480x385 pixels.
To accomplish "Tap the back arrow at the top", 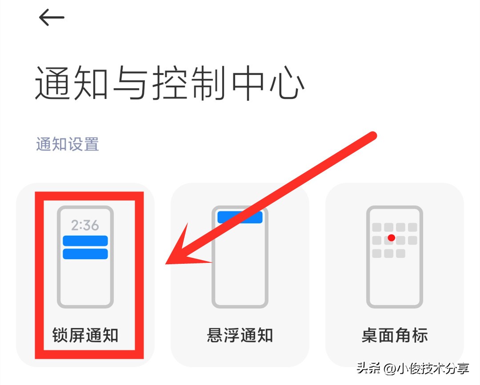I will [52, 17].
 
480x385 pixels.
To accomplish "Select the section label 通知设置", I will [68, 144].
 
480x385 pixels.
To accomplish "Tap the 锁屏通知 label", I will [85, 335].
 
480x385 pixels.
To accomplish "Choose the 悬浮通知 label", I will [240, 335].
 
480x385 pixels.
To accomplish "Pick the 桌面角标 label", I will [395, 335].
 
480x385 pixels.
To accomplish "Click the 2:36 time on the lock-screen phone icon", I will [85, 225].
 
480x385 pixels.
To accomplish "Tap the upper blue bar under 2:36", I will [85, 241].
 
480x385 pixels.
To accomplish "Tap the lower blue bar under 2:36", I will [85, 254].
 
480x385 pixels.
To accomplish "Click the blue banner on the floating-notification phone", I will [240, 217].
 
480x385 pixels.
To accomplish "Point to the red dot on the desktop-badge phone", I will [391, 238].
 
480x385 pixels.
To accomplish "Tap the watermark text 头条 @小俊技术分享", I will [413, 369].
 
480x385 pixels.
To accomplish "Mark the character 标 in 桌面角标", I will [419, 335].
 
